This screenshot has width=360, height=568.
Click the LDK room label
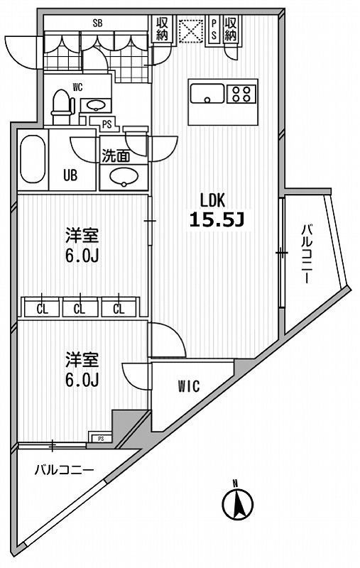click(x=217, y=200)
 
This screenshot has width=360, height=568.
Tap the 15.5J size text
click(x=217, y=220)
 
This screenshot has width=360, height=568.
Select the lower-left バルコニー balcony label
click(x=64, y=469)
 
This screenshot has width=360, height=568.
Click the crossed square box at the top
click(x=190, y=30)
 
